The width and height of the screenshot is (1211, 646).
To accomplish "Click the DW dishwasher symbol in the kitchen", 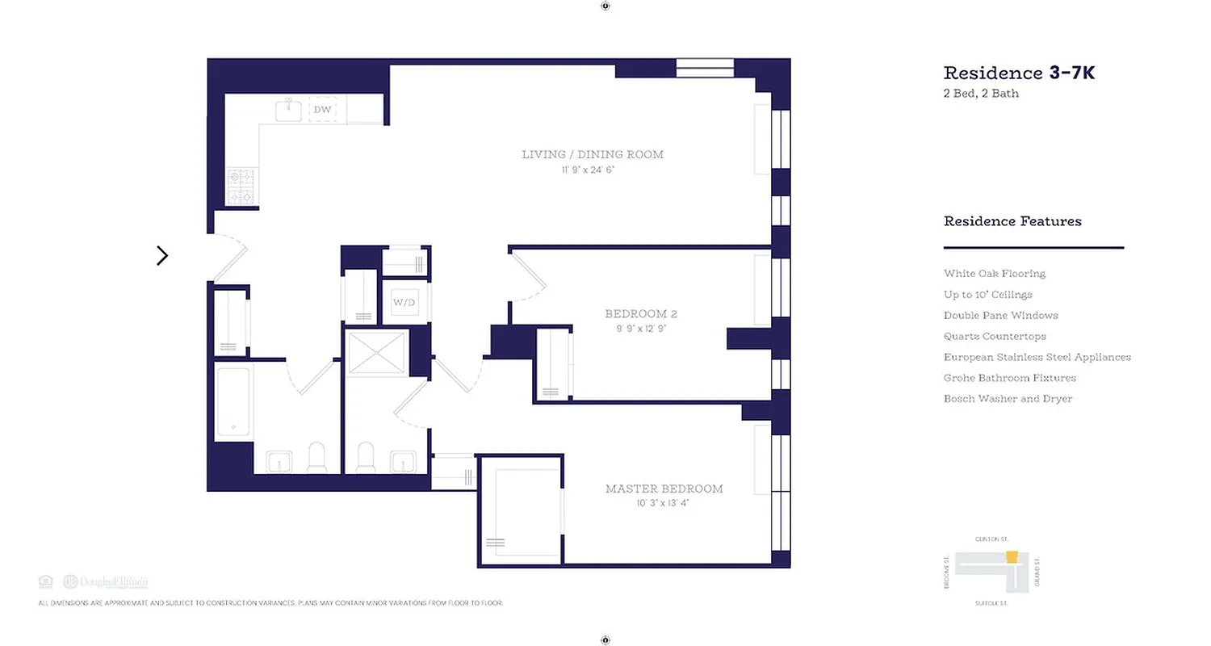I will [x=322, y=110].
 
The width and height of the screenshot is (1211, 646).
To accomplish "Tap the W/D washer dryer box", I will [x=404, y=303].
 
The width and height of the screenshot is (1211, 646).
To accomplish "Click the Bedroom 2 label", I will [x=637, y=313].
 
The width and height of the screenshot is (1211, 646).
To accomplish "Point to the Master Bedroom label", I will [x=664, y=489].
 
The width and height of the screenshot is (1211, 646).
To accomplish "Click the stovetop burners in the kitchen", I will [x=241, y=187].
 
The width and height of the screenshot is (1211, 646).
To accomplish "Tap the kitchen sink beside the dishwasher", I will [x=288, y=111].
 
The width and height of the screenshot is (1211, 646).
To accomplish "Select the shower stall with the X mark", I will [x=378, y=353].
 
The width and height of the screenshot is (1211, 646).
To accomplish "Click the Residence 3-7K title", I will [x=1019, y=73].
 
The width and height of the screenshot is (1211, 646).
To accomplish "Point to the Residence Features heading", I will [x=1012, y=221].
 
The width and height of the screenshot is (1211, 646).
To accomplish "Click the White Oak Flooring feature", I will [x=994, y=274].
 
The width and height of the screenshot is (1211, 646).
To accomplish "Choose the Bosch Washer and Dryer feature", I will [x=1008, y=399].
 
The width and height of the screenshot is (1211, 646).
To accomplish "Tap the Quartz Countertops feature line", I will [x=995, y=337].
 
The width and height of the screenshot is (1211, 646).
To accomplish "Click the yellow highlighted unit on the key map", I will [x=1012, y=556].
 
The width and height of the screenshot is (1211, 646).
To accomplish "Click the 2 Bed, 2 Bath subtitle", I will [x=981, y=94].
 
